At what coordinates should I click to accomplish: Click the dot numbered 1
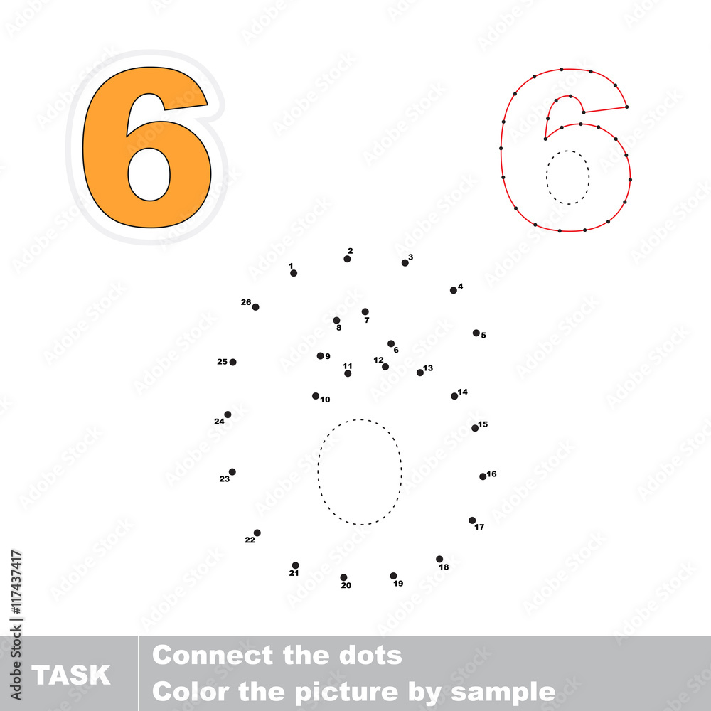click(x=294, y=273)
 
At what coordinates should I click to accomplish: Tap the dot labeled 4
click(x=454, y=290)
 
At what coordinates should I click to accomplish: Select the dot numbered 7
click(x=365, y=311)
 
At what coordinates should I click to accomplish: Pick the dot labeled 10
click(x=316, y=396)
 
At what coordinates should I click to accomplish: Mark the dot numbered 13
click(x=420, y=373)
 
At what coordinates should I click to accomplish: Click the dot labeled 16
click(x=483, y=476)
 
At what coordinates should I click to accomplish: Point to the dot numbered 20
click(x=343, y=577)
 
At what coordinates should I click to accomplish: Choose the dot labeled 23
click(x=232, y=471)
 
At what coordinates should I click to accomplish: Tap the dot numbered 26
click(x=256, y=307)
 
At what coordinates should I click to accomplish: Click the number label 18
click(x=444, y=567)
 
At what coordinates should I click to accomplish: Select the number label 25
click(x=222, y=361)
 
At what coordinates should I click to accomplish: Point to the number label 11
click(x=348, y=366)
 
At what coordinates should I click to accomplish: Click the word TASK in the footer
click(x=70, y=675)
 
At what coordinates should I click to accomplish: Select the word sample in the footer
click(x=503, y=693)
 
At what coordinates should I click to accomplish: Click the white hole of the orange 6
click(x=149, y=174)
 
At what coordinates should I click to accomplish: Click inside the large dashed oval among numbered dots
click(x=360, y=472)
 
